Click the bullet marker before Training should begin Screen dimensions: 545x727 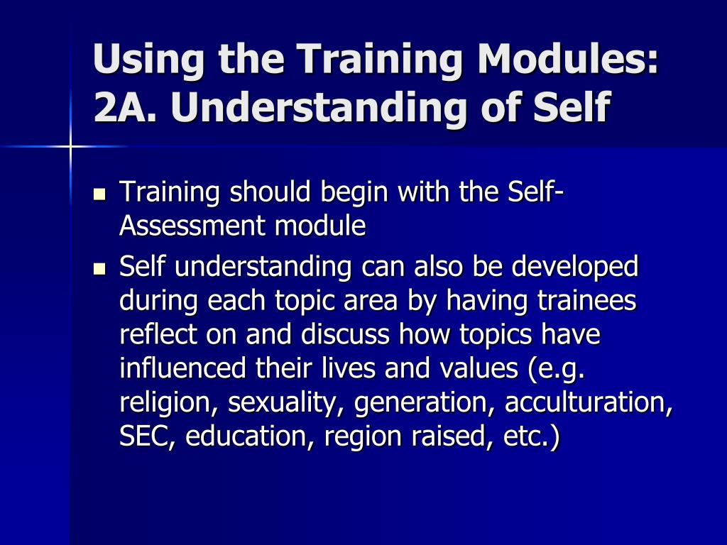click(99, 193)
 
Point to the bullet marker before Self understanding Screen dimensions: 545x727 click(99, 269)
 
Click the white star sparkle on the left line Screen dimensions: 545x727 click(71, 146)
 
